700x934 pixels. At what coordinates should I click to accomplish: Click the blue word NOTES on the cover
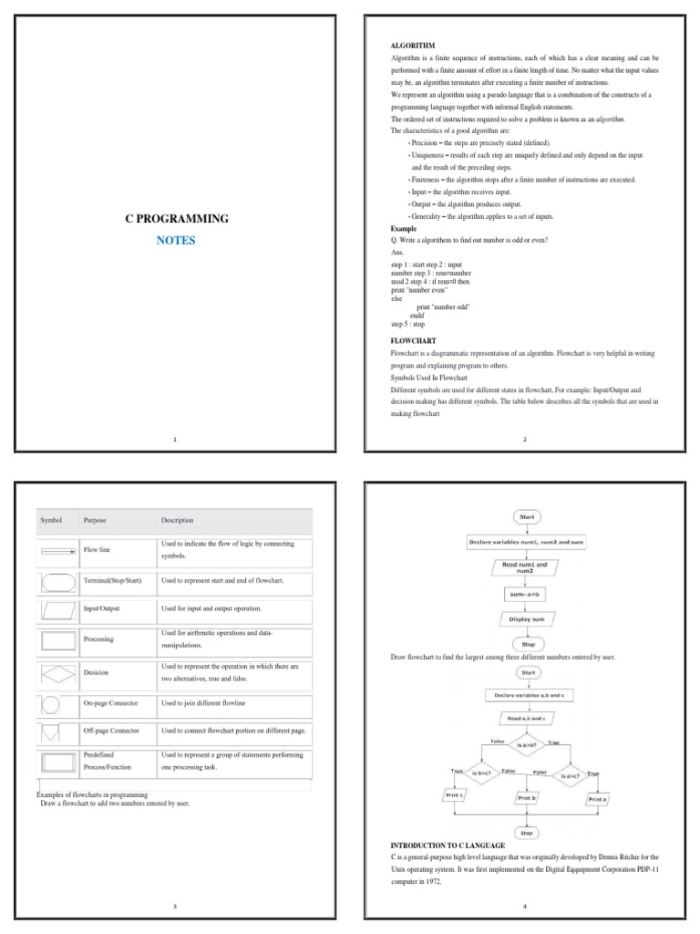coord(176,241)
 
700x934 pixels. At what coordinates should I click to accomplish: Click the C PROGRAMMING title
coord(177,219)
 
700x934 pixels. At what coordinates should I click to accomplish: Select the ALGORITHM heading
coord(413,45)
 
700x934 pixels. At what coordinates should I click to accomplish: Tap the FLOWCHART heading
coord(414,340)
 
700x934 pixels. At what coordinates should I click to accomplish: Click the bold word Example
coord(404,229)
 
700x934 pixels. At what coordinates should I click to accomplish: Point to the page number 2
coord(525,440)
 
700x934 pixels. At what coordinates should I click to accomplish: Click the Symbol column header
coord(51,521)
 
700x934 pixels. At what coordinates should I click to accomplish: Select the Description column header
coord(178,521)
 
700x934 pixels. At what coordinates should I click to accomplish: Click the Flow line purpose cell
coord(97,550)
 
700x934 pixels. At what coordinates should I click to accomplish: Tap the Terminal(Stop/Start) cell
coord(113,580)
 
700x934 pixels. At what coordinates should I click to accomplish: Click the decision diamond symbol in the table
coord(58,673)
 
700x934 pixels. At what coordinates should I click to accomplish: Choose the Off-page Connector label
coord(112,731)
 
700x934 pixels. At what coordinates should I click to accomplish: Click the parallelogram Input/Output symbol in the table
coord(57,608)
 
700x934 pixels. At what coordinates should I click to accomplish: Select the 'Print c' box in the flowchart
coord(454,795)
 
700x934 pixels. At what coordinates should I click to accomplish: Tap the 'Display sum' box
coord(528,619)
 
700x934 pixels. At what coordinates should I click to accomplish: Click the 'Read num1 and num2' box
coord(527,568)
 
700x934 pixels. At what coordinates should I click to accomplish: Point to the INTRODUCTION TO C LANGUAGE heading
coord(448,846)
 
